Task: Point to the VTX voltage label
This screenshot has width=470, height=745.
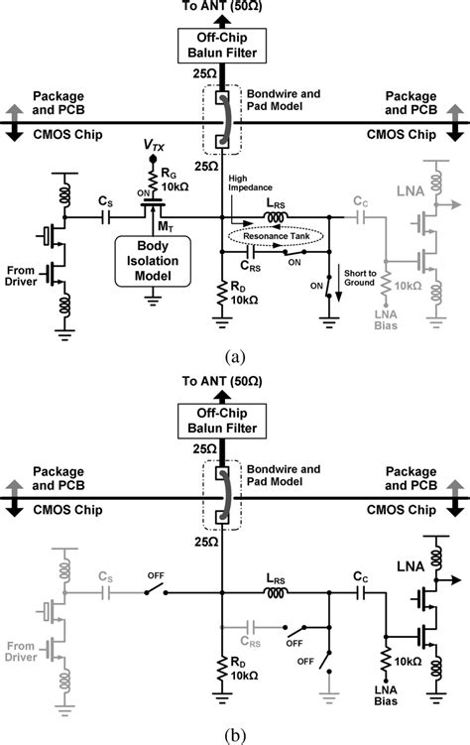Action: point(152,148)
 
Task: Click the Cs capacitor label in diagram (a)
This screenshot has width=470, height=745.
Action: point(105,201)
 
